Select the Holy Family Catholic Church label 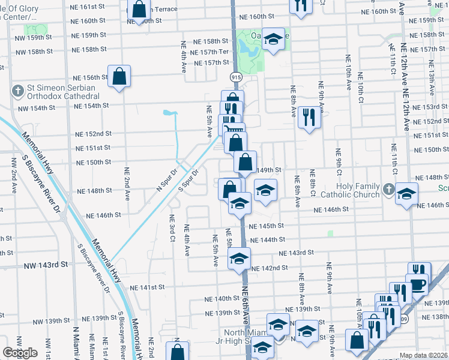(x=358, y=190)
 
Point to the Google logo (x=20, y=353)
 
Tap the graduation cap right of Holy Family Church (x=406, y=194)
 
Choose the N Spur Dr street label (x=167, y=179)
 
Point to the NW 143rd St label (x=47, y=265)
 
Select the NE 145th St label (x=267, y=226)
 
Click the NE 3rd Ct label (x=172, y=229)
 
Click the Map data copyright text (x=424, y=355)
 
